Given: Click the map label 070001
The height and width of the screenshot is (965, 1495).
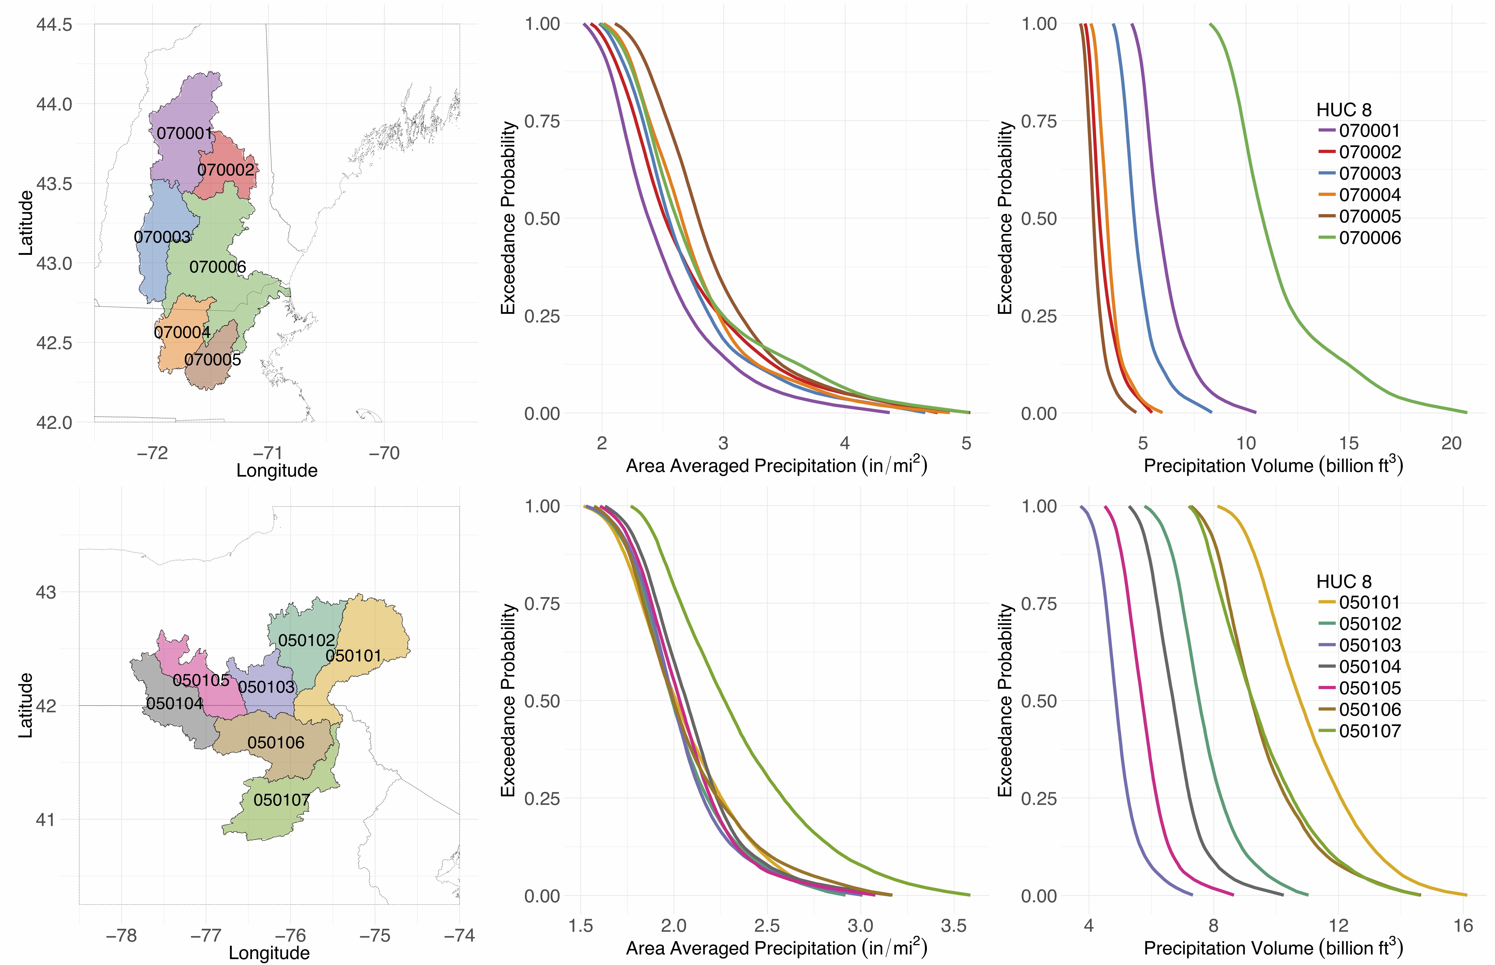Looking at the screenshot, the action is tap(185, 133).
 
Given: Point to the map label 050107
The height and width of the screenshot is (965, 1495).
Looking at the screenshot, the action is tap(282, 800).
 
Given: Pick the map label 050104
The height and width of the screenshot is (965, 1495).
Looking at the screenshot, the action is tap(175, 704).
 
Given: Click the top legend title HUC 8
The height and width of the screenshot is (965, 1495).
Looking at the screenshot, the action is tap(1344, 110).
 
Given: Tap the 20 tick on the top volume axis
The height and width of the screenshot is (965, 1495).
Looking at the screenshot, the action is tap(1451, 444).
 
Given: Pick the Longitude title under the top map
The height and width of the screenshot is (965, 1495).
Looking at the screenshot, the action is tap(277, 471).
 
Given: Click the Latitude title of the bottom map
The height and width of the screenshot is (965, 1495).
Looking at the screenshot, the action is tap(25, 706).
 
